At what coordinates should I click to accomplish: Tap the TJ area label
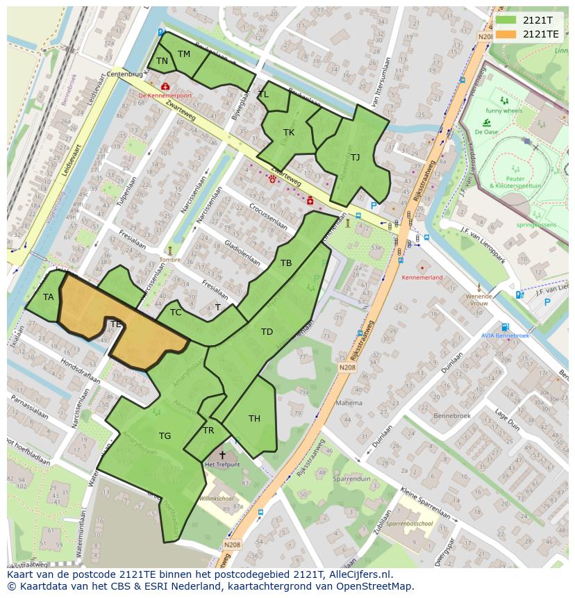click(x=355, y=157)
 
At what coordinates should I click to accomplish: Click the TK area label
click(x=289, y=132)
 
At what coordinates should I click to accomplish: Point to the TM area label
click(x=184, y=53)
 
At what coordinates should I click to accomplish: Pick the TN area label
click(x=162, y=61)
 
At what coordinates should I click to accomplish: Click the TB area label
click(x=286, y=263)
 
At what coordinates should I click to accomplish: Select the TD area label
click(x=267, y=332)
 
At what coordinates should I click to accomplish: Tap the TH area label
click(x=254, y=418)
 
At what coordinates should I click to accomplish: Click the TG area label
click(x=165, y=436)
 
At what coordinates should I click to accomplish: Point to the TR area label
click(x=208, y=431)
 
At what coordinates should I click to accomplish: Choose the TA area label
click(x=48, y=297)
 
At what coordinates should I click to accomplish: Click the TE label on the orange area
click(x=116, y=324)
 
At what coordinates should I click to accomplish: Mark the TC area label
click(x=176, y=313)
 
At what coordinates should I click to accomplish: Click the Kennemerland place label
click(x=422, y=277)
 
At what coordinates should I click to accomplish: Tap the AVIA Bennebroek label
click(x=506, y=336)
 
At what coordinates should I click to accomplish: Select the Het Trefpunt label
click(x=222, y=464)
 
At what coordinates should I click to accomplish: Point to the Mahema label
click(x=349, y=403)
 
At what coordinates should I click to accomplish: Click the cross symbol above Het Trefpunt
click(x=222, y=454)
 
